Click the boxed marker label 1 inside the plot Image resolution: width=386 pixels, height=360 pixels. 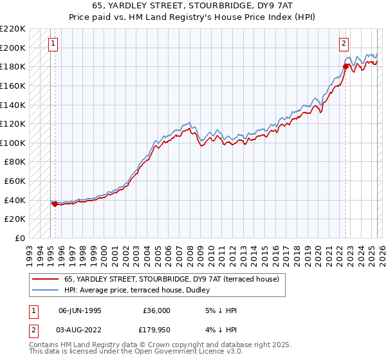coord(52,44)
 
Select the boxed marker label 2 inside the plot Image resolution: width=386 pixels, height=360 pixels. coord(344,44)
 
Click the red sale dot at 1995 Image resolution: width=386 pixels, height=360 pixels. coord(55,204)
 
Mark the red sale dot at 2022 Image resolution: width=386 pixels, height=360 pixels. coord(345,66)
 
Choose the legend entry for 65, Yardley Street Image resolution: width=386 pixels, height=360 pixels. coord(171,280)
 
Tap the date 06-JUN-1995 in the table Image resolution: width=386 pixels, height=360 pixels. coord(80,310)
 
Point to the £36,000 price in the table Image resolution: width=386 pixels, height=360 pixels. coord(156,310)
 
